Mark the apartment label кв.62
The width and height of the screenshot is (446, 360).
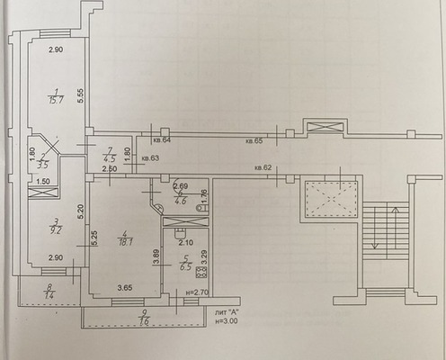pos(263,167)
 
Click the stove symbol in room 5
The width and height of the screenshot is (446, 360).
pos(202,270)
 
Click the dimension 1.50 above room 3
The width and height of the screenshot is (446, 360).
pos(42,181)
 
